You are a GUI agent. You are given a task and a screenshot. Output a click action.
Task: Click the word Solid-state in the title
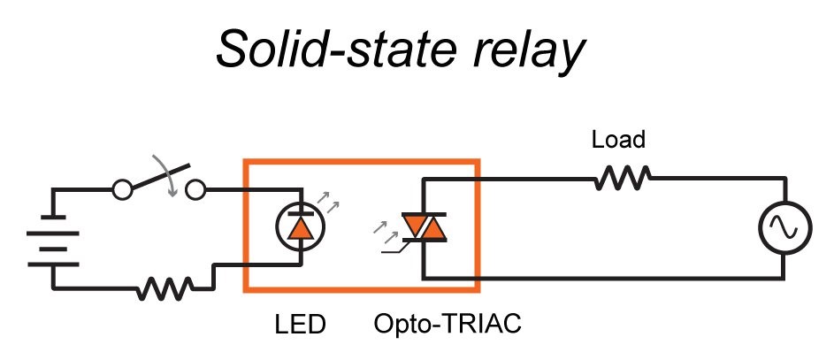[x=335, y=50]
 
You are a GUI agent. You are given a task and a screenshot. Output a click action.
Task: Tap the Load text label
[x=618, y=140]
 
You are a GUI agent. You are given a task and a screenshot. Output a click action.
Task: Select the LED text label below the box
[x=300, y=324]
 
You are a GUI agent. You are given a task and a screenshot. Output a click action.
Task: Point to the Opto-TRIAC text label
[x=448, y=324]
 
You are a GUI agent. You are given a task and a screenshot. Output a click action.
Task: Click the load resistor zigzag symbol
[x=622, y=178]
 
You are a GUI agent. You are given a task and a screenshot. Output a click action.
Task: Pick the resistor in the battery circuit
[x=165, y=288]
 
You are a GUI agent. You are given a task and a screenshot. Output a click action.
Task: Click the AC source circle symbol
[x=785, y=227]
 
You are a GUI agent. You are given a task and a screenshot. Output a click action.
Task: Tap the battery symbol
[x=53, y=241]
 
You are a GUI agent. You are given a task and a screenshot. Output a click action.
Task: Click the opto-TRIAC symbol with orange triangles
[x=424, y=227]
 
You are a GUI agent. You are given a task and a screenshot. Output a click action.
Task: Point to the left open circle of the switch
[x=122, y=189]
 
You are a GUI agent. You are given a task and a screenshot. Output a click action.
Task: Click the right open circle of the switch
[x=195, y=189]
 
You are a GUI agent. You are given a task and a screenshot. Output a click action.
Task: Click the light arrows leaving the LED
[x=327, y=202]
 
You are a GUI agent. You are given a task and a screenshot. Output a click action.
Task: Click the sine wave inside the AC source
[x=785, y=227]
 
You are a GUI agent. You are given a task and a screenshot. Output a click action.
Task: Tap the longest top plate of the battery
[x=53, y=233]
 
